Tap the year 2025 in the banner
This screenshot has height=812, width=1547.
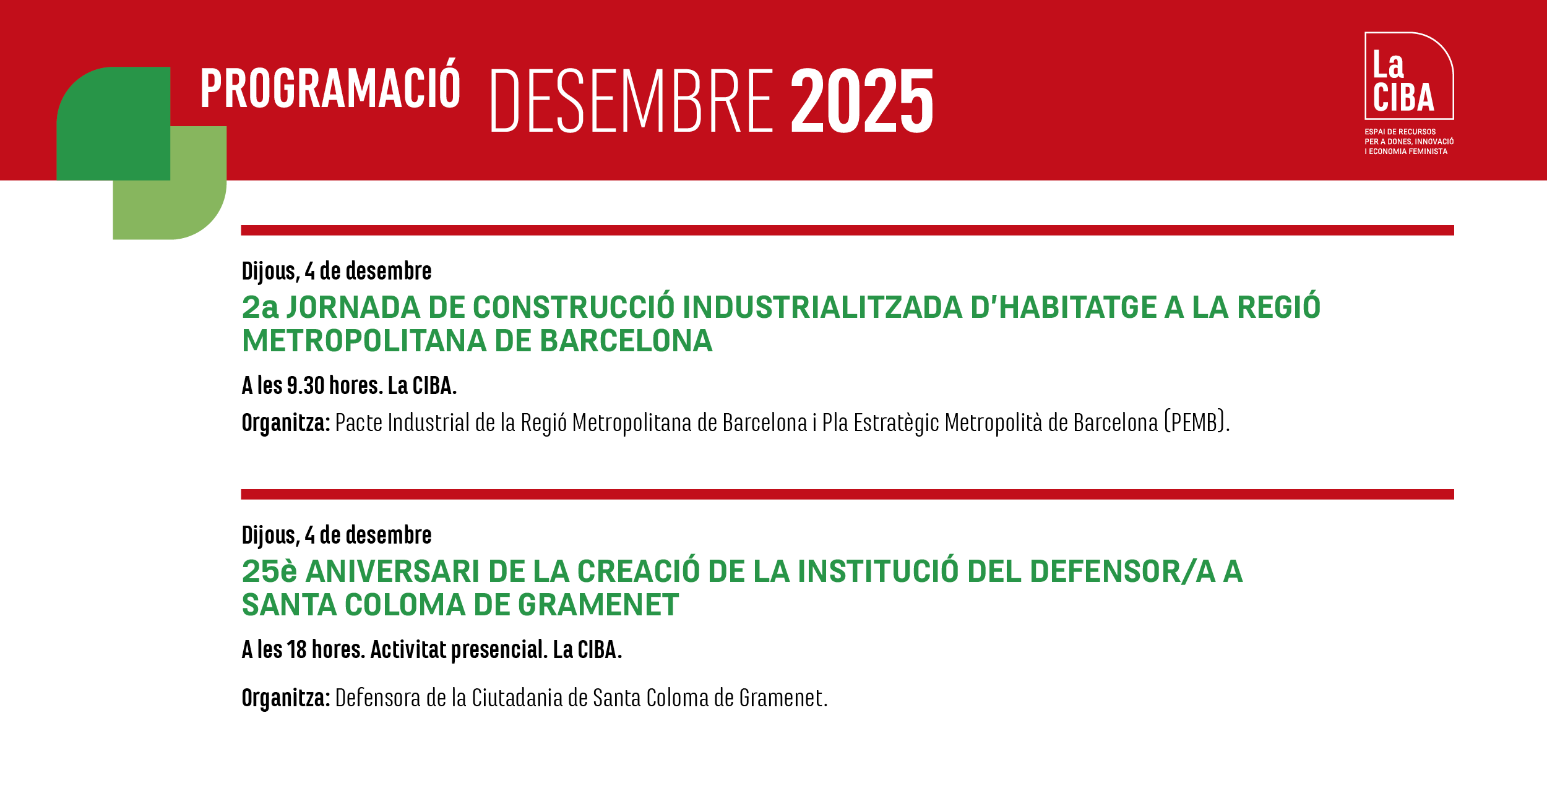point(862,101)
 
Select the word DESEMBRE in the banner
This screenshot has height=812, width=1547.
point(632,101)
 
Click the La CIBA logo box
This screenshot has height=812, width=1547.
point(1409,75)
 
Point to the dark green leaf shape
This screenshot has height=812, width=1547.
point(113,124)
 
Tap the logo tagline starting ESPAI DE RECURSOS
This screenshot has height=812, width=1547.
point(1409,142)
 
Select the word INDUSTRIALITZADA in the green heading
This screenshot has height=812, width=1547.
point(822,307)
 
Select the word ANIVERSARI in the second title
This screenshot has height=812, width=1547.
point(393,571)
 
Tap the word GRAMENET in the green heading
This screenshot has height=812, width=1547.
point(598,605)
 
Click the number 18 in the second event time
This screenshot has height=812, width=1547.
point(297,650)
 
